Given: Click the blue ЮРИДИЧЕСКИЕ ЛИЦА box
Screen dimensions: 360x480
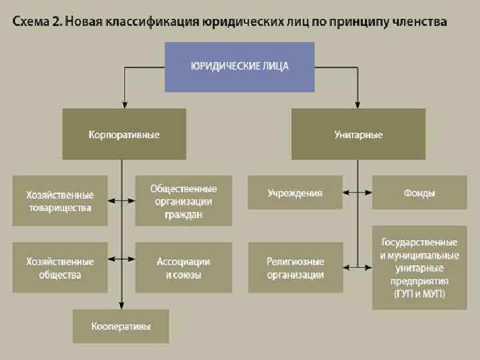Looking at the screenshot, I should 239,67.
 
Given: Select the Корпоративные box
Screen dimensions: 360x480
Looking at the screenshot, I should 124,134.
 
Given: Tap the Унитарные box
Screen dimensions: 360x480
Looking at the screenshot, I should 358,134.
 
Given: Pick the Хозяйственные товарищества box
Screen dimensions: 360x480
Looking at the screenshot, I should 60,201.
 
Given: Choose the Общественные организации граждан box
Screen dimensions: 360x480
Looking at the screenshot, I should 183,201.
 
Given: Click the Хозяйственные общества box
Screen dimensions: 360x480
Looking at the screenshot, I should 60,267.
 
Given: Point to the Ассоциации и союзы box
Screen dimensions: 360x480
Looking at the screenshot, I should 183,267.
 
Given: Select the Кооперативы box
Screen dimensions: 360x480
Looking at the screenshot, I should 121,326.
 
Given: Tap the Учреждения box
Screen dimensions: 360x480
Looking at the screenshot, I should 295,193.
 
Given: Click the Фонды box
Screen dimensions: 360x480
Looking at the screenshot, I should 419,193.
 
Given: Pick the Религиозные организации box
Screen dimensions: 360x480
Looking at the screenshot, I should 295,267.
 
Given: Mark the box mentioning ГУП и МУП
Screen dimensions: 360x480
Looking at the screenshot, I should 419,267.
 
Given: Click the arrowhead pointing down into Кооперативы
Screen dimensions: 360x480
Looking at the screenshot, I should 121,305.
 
